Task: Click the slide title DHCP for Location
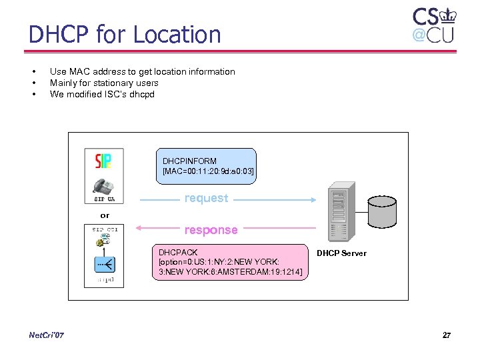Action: [x=125, y=35]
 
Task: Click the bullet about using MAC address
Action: [x=142, y=71]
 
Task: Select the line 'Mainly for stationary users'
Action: [x=104, y=83]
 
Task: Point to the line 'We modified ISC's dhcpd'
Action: [x=102, y=94]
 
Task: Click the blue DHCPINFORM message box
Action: [x=207, y=166]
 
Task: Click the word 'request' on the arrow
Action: [x=206, y=198]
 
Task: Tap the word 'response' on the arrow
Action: [x=211, y=230]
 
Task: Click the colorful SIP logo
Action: [x=104, y=161]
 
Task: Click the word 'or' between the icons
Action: [x=105, y=215]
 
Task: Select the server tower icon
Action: [x=339, y=213]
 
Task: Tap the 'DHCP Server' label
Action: [x=341, y=253]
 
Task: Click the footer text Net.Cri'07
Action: [x=47, y=335]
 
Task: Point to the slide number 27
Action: [x=446, y=335]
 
